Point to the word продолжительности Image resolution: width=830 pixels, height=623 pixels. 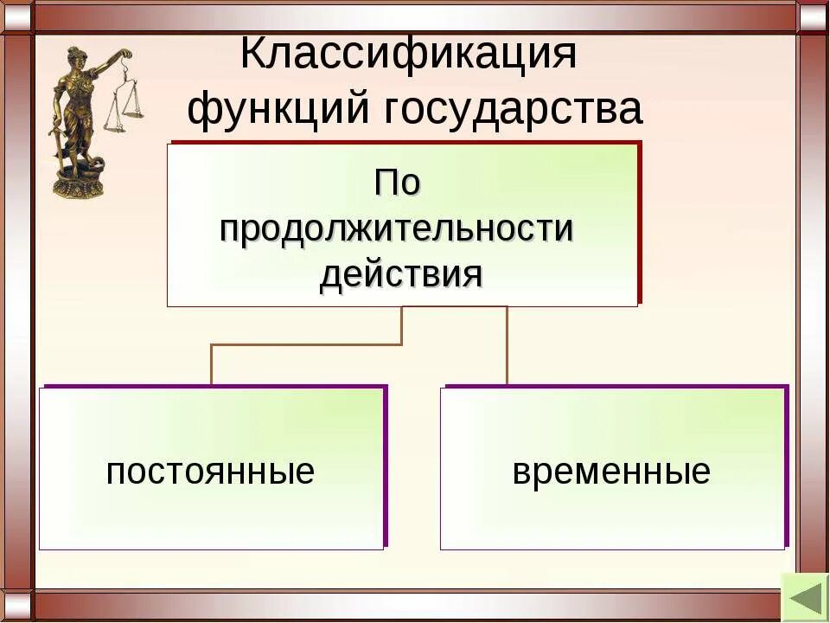coord(398,229)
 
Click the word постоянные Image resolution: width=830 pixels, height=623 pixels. coord(210,472)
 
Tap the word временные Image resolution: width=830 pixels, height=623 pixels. coord(611,472)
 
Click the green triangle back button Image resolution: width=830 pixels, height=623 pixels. coord(804,596)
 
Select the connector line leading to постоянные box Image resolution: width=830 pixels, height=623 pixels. coord(212,363)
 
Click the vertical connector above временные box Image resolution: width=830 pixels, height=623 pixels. coord(507,346)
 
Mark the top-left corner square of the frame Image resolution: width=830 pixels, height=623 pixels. coord(16,16)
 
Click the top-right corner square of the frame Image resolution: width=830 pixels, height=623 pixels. coord(813,16)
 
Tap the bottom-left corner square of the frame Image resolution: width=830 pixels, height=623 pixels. coord(16,607)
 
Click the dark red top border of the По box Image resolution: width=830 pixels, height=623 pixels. coord(406,141)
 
